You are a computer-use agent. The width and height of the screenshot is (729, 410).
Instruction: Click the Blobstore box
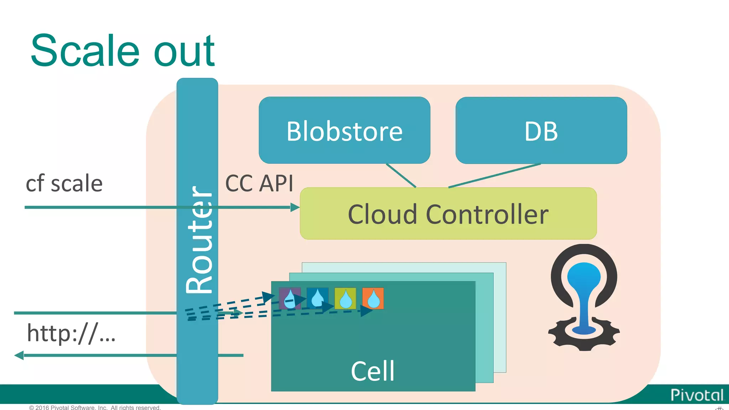[344, 131]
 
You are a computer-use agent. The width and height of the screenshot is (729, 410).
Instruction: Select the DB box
[541, 131]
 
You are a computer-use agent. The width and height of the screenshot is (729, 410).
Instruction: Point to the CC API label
[259, 184]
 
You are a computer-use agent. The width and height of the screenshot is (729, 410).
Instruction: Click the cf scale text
[64, 184]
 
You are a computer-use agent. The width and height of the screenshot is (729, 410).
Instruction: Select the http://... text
[71, 333]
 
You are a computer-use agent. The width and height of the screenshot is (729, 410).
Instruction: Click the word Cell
[373, 371]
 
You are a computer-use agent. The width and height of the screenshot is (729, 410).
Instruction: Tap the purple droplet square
[290, 298]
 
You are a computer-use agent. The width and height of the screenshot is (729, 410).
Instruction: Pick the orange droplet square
[373, 298]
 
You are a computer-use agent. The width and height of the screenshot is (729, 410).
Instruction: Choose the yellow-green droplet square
[345, 298]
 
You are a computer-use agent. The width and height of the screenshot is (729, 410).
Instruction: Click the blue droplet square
[318, 298]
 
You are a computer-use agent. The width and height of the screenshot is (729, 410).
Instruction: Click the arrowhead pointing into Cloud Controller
[295, 207]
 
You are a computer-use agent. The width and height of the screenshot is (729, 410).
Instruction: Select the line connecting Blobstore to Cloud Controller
[401, 175]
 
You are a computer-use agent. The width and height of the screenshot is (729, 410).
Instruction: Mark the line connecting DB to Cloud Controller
[495, 175]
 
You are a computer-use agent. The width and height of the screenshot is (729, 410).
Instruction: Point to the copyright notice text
[95, 407]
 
